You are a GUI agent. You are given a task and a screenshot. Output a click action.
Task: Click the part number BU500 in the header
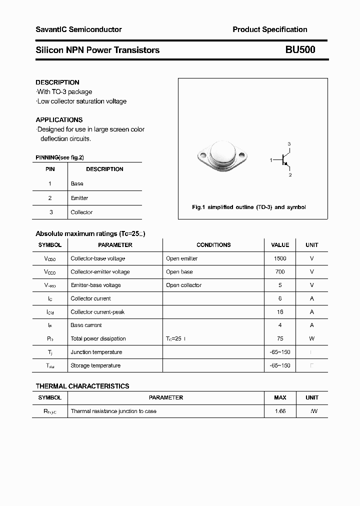[300, 50]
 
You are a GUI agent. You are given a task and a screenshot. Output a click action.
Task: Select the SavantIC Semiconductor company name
[78, 29]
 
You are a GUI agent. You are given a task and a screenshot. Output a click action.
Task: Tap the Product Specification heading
[269, 29]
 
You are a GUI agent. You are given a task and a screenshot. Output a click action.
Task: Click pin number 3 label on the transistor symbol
[289, 144]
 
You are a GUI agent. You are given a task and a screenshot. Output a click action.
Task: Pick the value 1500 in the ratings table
[280, 258]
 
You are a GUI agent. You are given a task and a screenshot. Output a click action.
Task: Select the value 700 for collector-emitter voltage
[280, 272]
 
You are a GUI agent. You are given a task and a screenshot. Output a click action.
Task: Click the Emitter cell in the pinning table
[79, 198]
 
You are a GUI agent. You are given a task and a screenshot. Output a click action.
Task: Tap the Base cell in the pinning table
[77, 183]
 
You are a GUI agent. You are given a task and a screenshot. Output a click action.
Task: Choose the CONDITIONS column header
[213, 245]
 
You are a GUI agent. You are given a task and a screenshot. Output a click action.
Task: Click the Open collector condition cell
[183, 285]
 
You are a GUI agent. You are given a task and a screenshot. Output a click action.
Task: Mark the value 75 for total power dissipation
[280, 338]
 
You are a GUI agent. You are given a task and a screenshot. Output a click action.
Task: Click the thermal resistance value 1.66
[280, 411]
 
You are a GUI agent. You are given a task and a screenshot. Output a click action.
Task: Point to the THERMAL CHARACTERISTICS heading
[82, 386]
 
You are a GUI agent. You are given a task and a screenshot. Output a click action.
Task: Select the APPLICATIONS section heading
[59, 120]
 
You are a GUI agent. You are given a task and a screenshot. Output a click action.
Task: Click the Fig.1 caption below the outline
[248, 207]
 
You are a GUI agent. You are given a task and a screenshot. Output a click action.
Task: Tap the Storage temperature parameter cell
[95, 365]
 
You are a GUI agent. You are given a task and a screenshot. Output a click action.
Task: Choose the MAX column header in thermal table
[280, 397]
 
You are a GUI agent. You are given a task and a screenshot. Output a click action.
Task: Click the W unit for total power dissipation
[312, 338]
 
